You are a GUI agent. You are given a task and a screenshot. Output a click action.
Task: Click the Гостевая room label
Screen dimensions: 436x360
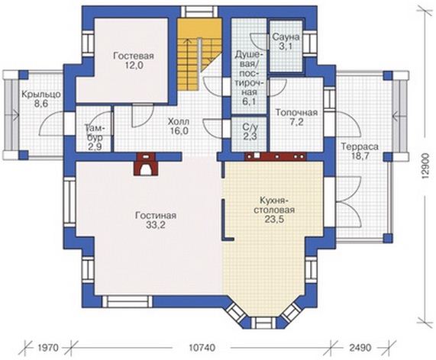point(134,56)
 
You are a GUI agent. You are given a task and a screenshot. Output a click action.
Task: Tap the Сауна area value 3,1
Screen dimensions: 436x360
point(286,47)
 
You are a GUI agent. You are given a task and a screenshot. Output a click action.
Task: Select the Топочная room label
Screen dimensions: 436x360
point(296,113)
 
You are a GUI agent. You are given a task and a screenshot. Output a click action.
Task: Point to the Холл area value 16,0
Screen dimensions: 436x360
point(179,130)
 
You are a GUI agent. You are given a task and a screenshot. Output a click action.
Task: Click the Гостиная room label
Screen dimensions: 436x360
point(156,216)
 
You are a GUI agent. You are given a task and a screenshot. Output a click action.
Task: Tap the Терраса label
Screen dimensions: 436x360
point(360,146)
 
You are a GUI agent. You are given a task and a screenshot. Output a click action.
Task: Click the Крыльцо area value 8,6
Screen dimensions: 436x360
point(41,104)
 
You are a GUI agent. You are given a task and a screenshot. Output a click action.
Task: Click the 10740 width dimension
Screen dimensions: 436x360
point(202,348)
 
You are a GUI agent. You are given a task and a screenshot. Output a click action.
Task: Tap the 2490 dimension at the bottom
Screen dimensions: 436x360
point(361,348)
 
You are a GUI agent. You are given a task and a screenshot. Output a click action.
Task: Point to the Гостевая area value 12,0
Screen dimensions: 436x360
point(134,66)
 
